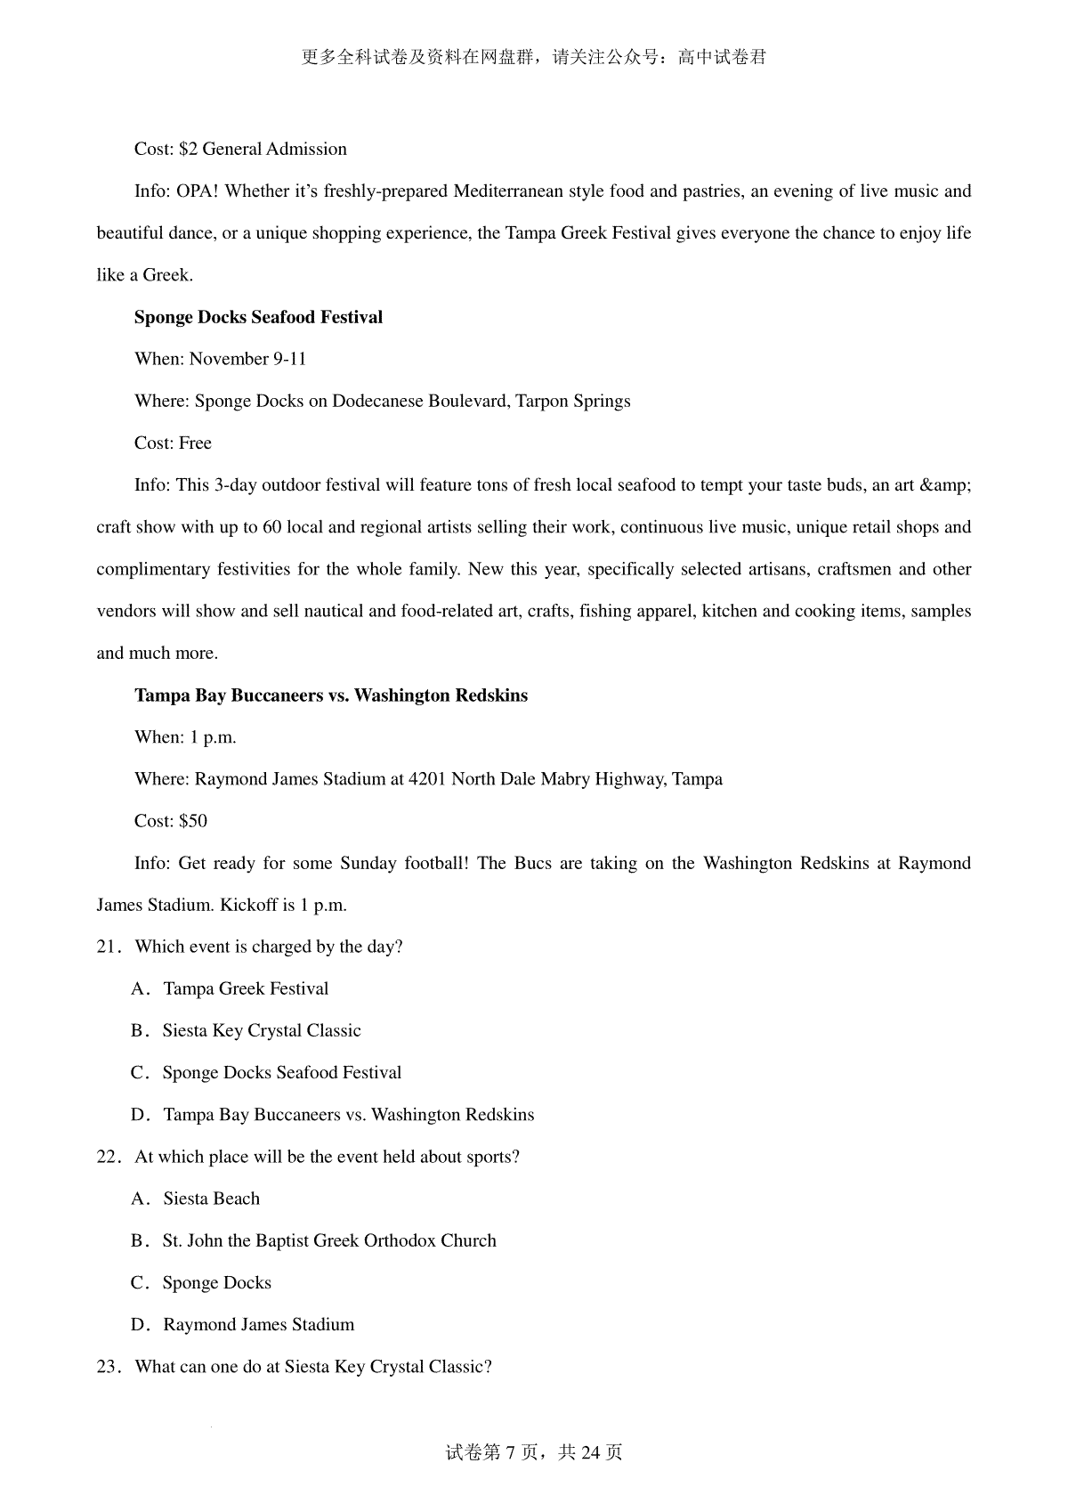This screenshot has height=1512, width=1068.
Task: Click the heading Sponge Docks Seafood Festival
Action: [258, 318]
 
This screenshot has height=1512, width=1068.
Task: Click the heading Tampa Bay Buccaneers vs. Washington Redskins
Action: [331, 695]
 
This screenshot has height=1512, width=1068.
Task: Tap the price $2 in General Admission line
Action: [188, 150]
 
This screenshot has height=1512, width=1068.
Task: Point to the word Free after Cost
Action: [195, 443]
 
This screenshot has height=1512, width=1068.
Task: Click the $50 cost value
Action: [193, 821]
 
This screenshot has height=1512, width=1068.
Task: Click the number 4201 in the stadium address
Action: [427, 779]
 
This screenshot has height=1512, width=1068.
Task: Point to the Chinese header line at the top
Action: [534, 58]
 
